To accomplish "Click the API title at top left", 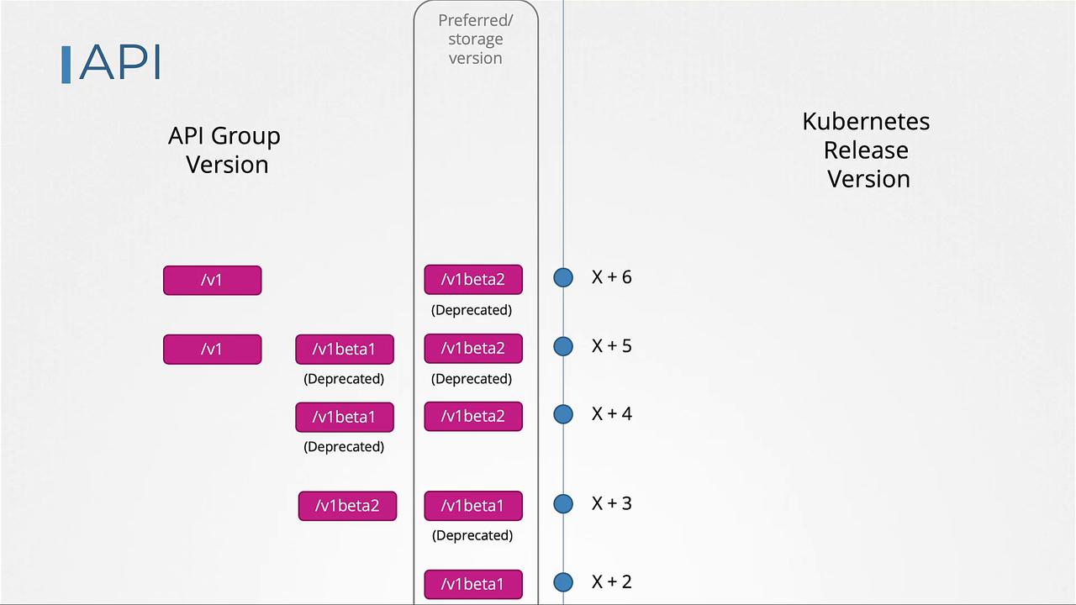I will point(119,62).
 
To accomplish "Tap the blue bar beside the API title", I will point(66,65).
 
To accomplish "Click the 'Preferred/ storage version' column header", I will point(475,39).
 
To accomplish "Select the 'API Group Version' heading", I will point(224,150).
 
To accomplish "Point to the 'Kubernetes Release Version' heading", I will point(867,150).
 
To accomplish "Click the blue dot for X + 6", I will point(563,277).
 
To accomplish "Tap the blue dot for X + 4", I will point(563,414).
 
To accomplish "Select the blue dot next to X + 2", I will point(563,582).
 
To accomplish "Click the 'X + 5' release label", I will point(611,346).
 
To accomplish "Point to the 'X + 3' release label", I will point(611,503).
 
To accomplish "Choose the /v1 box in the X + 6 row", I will point(212,280).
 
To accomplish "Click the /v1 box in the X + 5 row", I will point(212,349).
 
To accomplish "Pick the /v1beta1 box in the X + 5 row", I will point(344,349).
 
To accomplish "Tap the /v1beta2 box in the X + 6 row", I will point(472,280).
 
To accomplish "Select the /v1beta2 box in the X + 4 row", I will point(472,417).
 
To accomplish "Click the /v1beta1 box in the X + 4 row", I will point(344,417).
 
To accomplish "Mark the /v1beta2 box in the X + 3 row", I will point(347,506).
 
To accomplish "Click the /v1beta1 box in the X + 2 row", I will point(472,584).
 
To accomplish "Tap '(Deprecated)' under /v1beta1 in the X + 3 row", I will point(472,535).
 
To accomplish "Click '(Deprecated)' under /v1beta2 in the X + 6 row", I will point(472,310).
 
